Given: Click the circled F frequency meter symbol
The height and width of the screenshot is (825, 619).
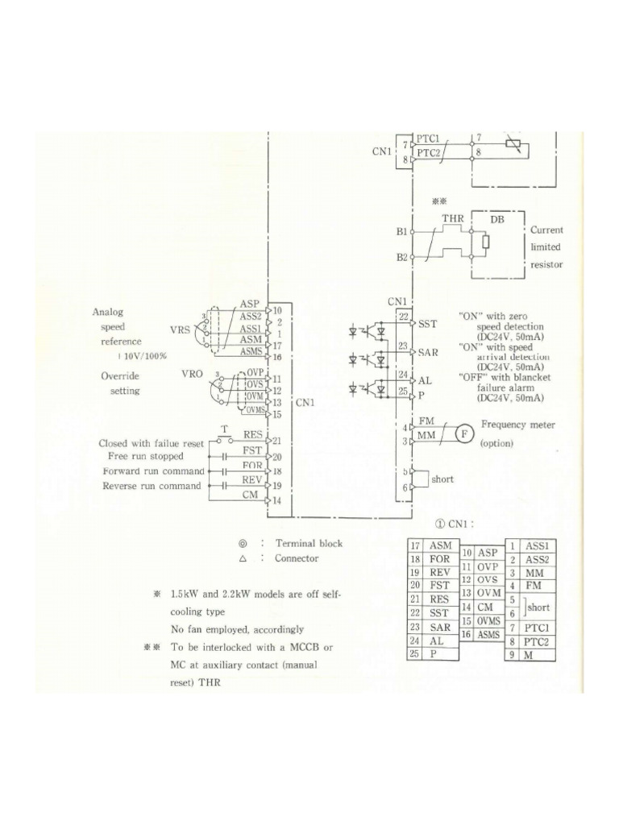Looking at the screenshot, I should (464, 434).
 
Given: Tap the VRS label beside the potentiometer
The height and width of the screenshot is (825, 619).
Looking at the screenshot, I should (180, 330).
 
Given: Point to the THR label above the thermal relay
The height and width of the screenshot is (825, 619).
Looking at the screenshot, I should (452, 218).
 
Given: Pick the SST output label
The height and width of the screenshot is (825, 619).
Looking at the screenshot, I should (428, 324).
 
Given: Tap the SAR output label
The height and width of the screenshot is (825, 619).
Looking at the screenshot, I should (429, 353).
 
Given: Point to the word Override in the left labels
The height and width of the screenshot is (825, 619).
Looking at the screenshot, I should (120, 376).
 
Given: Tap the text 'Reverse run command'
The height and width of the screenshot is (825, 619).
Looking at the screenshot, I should (152, 486).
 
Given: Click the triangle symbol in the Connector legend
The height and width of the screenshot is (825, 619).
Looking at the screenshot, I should (243, 558).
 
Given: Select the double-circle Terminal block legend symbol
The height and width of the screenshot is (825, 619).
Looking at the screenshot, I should (243, 544).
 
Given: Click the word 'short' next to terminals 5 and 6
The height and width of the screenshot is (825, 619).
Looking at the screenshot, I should (442, 479).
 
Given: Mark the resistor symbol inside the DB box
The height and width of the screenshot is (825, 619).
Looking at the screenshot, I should (484, 242).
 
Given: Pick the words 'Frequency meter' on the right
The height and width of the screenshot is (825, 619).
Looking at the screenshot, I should (519, 424).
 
